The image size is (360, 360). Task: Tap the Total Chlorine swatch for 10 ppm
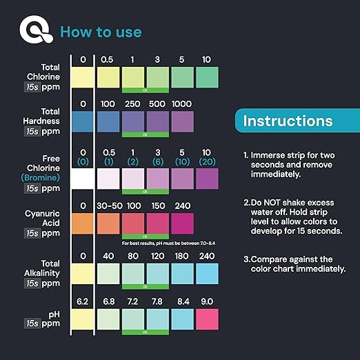207,77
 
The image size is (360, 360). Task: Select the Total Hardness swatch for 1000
183,121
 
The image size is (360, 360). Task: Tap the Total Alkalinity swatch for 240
207,273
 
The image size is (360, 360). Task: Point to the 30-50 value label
108,205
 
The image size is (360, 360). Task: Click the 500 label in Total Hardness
158,103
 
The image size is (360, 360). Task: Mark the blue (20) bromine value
207,161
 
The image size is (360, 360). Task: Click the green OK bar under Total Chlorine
145,90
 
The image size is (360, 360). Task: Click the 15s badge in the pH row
31,323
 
